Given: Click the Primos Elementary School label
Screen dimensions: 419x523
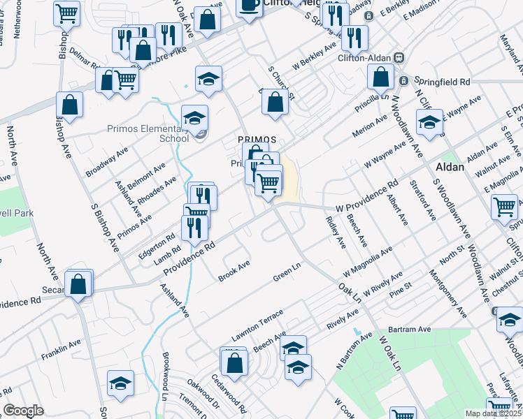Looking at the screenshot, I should pos(148,133).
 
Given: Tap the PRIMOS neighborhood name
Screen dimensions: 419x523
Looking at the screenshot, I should pos(256,139).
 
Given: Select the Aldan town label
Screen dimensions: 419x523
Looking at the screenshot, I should pos(450,168).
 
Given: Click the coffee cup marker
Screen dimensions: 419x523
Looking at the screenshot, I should pos(249,6).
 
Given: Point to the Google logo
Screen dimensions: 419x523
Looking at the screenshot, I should pos(23,411).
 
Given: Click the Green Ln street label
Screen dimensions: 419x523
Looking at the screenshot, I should pos(287,272).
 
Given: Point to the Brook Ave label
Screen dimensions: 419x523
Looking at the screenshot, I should pos(234,267).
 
